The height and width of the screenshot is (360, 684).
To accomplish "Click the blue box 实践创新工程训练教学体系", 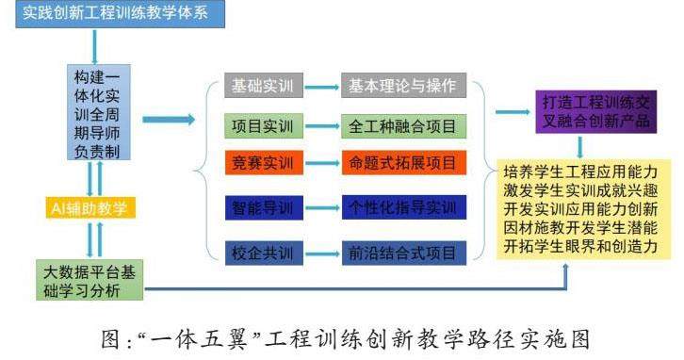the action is click(x=120, y=14).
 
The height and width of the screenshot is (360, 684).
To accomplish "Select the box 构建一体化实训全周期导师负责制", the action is click(x=99, y=112).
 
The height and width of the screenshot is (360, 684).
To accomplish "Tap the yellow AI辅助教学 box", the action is click(x=90, y=207).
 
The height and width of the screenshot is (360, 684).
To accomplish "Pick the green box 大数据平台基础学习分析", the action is click(x=90, y=280).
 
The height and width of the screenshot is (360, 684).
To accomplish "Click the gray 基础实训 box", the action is click(x=264, y=86).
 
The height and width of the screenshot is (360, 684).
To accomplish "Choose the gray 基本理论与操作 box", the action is click(x=403, y=86).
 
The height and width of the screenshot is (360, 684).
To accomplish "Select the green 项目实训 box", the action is click(x=264, y=126).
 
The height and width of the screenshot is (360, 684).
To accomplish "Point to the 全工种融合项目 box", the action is click(x=403, y=126).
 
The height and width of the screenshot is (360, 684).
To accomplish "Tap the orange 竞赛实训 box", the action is click(x=264, y=163).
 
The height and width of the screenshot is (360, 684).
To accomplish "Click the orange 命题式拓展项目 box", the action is click(x=403, y=163).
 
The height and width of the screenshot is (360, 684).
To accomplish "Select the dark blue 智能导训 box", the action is click(x=264, y=207).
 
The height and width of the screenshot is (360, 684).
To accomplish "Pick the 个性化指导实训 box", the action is click(x=403, y=207).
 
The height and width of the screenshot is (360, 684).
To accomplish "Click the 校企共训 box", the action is click(x=264, y=254).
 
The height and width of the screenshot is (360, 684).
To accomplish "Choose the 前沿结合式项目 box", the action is click(x=403, y=254).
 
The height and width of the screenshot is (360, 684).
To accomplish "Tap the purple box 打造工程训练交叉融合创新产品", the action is click(x=595, y=112).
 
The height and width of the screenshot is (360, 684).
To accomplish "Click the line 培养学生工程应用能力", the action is click(x=580, y=172).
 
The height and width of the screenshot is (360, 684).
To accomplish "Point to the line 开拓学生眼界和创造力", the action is click(x=580, y=247).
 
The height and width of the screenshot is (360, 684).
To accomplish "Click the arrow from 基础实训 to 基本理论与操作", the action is click(x=322, y=87).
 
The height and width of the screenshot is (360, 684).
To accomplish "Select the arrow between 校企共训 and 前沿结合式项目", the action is click(x=323, y=254).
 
